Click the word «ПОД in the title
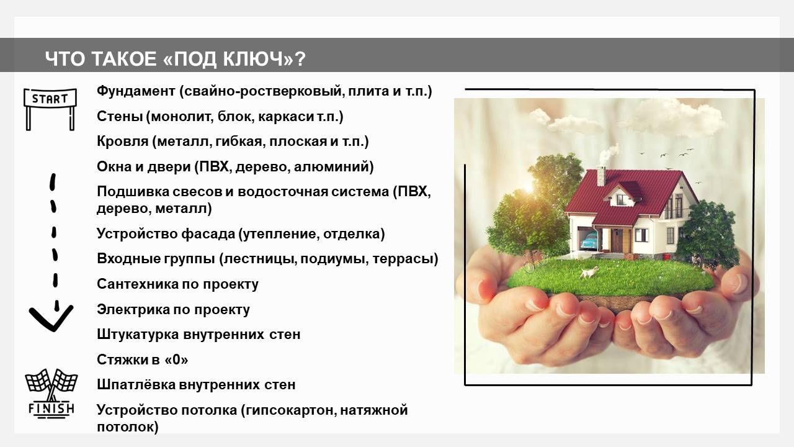pyautogui.click(x=190, y=59)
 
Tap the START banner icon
pyautogui.click(x=50, y=109)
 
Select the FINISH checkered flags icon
pyautogui.click(x=51, y=394)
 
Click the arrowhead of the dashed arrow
pyautogui.click(x=51, y=318)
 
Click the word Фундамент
pyautogui.click(x=136, y=91)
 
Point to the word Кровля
pyautogui.click(x=123, y=142)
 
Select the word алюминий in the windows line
pyautogui.click(x=334, y=167)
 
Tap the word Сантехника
pyautogui.click(x=137, y=284)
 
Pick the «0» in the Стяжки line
pyautogui.click(x=177, y=359)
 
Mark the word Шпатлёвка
pyautogui.click(x=136, y=385)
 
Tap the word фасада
pyautogui.click(x=208, y=234)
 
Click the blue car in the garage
pyautogui.click(x=589, y=240)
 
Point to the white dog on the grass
pyautogui.click(x=589, y=272)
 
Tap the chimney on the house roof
pyautogui.click(x=601, y=176)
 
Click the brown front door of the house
pyautogui.click(x=617, y=240)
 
